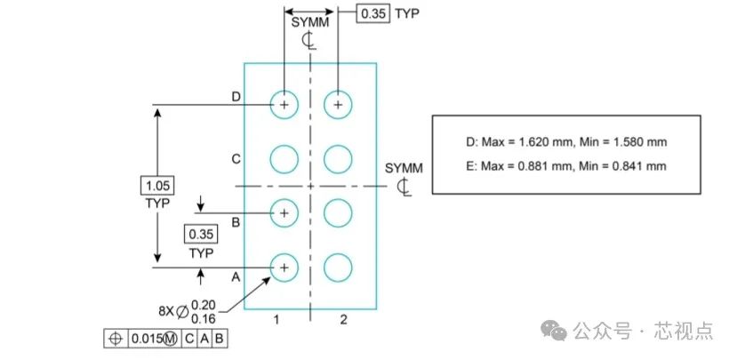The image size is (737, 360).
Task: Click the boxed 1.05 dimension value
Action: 157,185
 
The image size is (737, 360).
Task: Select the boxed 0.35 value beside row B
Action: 201,234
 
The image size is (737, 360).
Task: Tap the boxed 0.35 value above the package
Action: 373,13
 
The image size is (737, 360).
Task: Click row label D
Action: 236,97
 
